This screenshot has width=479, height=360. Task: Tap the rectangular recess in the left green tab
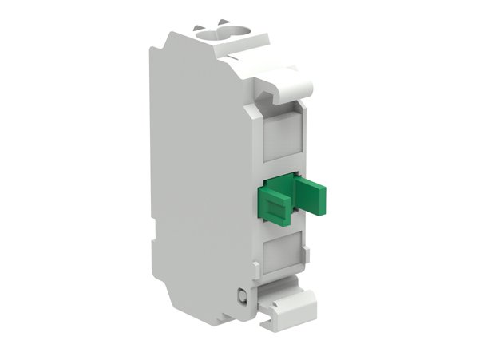272,208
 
